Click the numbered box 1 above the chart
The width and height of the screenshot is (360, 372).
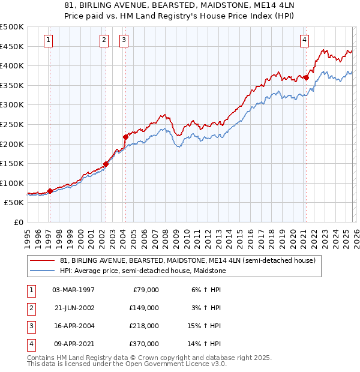point(47,40)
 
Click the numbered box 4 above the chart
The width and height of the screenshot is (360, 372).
point(304,40)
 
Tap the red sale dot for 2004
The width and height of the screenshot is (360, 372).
point(126,137)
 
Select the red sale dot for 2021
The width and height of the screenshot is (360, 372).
point(306,77)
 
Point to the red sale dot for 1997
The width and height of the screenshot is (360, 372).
point(50,191)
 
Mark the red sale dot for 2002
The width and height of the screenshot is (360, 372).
point(106,164)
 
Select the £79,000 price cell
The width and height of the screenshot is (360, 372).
point(146,290)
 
